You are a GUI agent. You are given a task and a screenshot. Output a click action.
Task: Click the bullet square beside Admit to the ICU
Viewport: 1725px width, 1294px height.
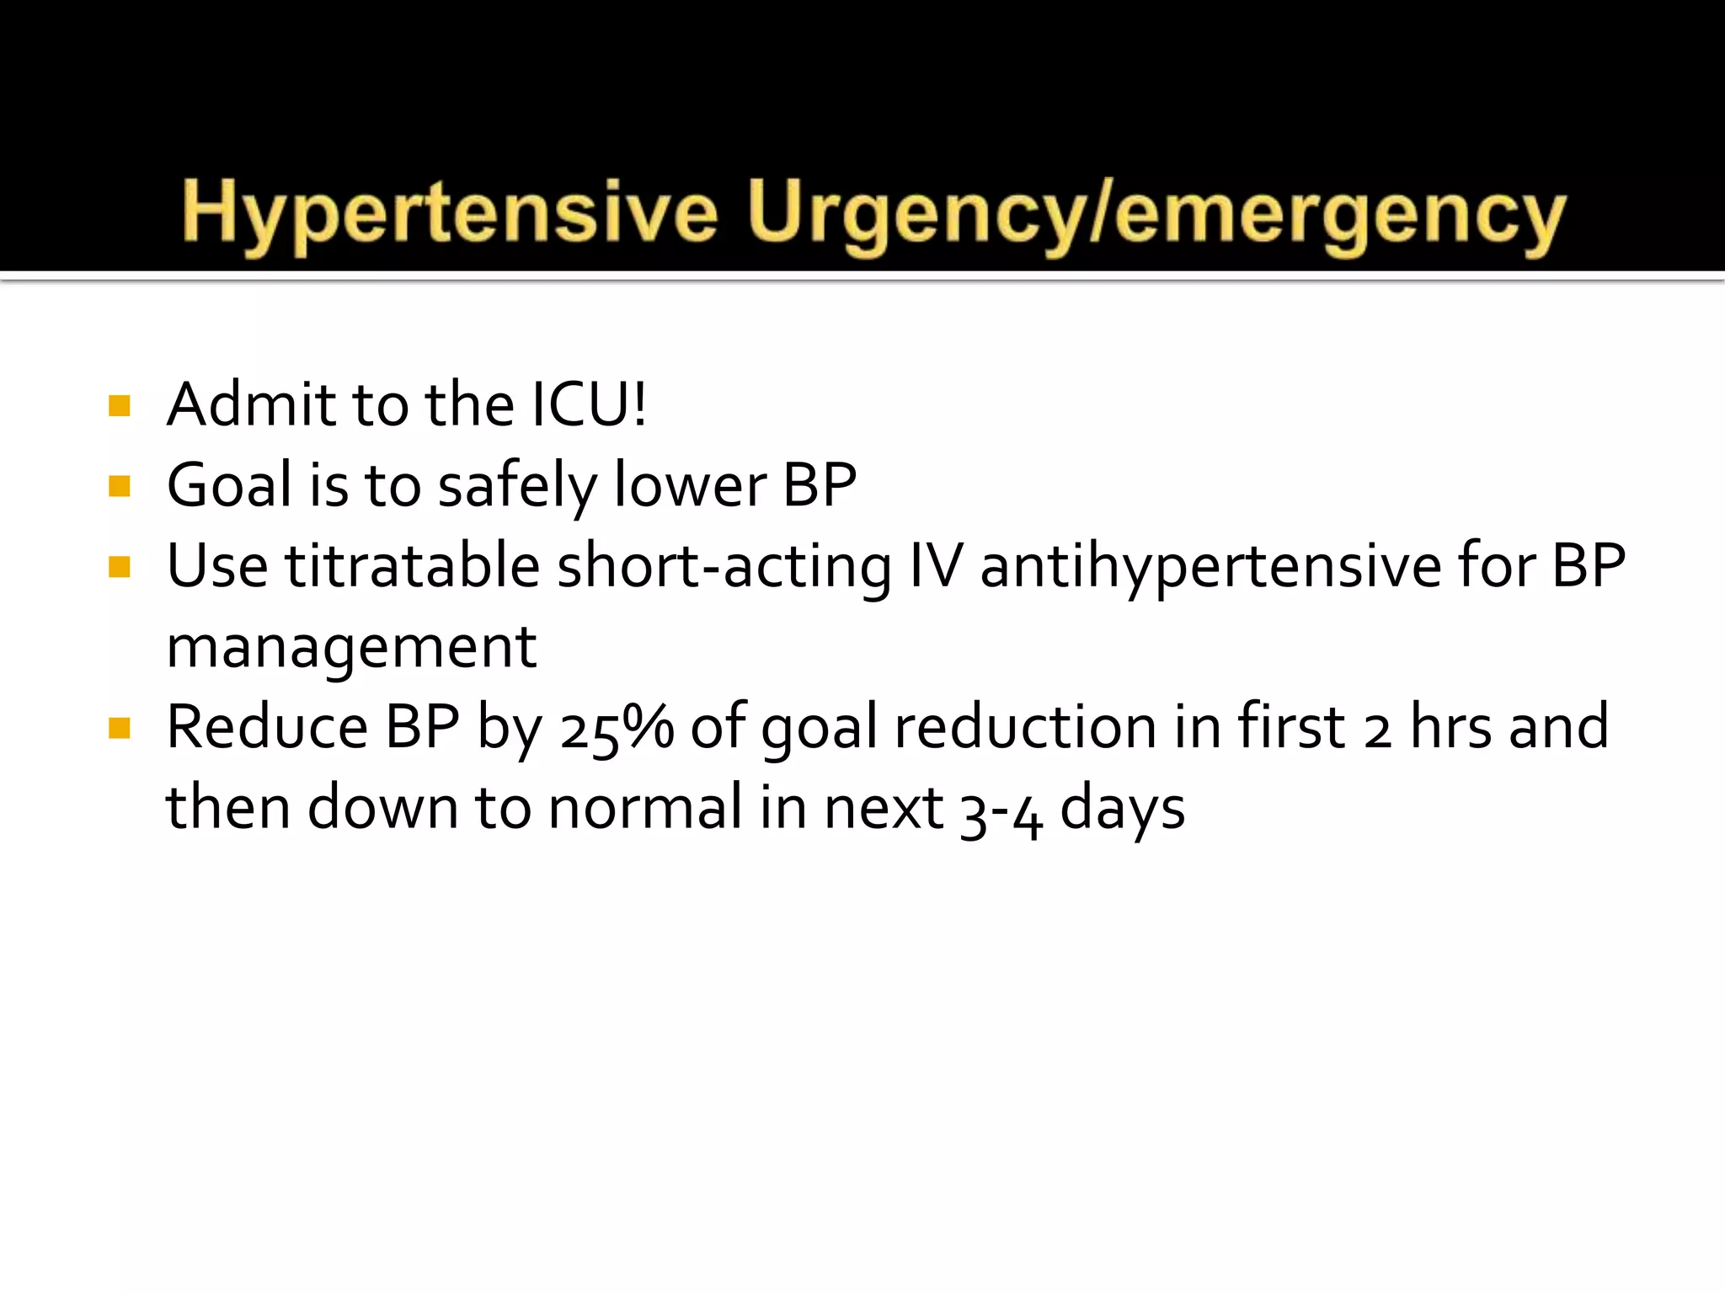pyautogui.click(x=120, y=406)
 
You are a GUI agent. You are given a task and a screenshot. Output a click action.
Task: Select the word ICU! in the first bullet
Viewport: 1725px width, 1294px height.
pyautogui.click(x=589, y=404)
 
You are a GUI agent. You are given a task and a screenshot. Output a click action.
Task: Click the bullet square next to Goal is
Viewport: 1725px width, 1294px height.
pyautogui.click(x=120, y=486)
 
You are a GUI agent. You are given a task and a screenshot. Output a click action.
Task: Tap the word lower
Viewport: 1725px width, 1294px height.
pyautogui.click(x=690, y=486)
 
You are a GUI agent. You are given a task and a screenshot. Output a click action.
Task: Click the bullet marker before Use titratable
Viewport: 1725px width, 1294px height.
pyautogui.click(x=120, y=567)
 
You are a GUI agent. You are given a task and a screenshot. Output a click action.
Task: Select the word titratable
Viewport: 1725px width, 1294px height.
pyautogui.click(x=412, y=566)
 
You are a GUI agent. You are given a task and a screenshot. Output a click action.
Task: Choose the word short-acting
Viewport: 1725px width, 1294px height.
pyautogui.click(x=724, y=566)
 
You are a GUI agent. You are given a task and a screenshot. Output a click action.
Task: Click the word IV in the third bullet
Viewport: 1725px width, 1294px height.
pyautogui.click(x=935, y=566)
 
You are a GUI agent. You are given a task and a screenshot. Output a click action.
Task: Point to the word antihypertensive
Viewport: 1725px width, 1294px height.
pyautogui.click(x=1210, y=566)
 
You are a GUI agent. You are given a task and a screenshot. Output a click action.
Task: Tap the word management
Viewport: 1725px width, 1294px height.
pyautogui.click(x=351, y=648)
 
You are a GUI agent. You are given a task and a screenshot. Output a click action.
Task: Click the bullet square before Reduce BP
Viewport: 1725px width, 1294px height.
pyautogui.click(x=120, y=728)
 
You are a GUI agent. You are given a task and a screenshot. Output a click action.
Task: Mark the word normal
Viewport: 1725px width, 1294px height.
pyautogui.click(x=645, y=808)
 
